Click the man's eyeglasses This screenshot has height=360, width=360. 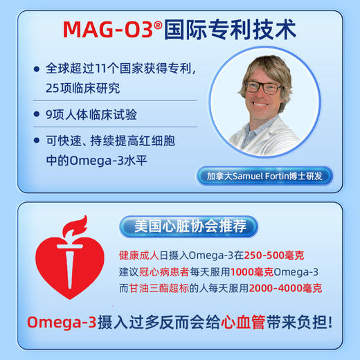tap(262, 88)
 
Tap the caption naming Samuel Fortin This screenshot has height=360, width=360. tap(264, 176)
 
